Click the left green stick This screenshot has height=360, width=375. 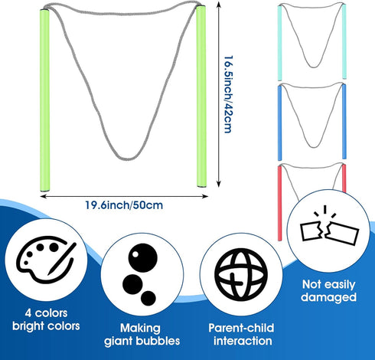[x=45, y=100]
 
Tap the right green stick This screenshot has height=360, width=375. [x=201, y=97]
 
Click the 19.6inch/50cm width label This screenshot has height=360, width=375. [x=124, y=205]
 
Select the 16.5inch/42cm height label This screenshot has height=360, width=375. [x=228, y=94]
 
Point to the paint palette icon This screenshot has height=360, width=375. [x=46, y=259]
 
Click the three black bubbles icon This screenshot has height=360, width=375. [x=142, y=274]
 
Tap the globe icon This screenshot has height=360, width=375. [x=241, y=275]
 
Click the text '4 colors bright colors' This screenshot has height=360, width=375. [x=46, y=319]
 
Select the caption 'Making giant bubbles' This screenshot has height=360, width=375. [x=142, y=335]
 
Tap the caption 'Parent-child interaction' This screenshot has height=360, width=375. [x=241, y=335]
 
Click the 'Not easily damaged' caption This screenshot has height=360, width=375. [x=328, y=291]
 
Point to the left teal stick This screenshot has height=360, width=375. [x=279, y=43]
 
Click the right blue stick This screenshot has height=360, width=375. [x=344, y=121]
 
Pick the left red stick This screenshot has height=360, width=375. [x=280, y=203]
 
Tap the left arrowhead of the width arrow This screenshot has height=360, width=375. [x=42, y=196]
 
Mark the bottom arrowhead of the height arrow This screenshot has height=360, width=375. [x=218, y=185]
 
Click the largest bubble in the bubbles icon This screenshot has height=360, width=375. [x=143, y=257]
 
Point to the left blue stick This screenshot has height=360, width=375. [x=280, y=123]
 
